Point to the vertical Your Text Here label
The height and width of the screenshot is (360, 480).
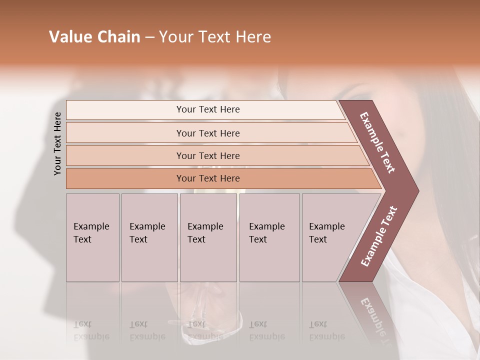click(57, 143)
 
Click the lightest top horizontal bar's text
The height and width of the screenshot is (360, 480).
click(208, 109)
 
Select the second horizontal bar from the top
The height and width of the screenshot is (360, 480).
click(208, 133)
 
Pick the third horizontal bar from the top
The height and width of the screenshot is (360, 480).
click(208, 155)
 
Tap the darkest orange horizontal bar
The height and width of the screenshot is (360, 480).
click(208, 178)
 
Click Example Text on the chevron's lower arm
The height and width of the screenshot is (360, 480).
click(378, 236)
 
